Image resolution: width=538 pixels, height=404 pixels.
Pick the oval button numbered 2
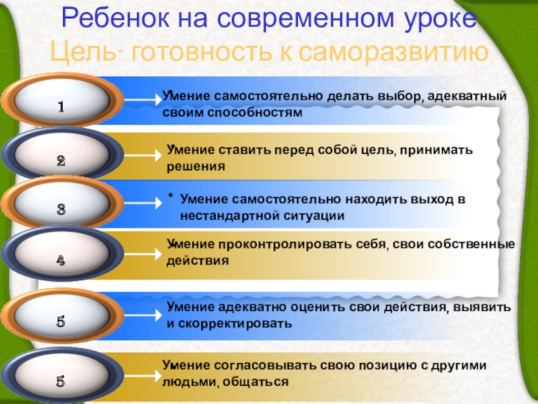click(61, 160)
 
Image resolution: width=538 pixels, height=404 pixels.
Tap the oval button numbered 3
click(61, 208)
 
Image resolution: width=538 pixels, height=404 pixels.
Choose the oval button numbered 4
click(61, 259)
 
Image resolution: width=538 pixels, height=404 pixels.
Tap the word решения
click(196, 166)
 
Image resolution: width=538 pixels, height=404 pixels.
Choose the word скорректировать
click(235, 323)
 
